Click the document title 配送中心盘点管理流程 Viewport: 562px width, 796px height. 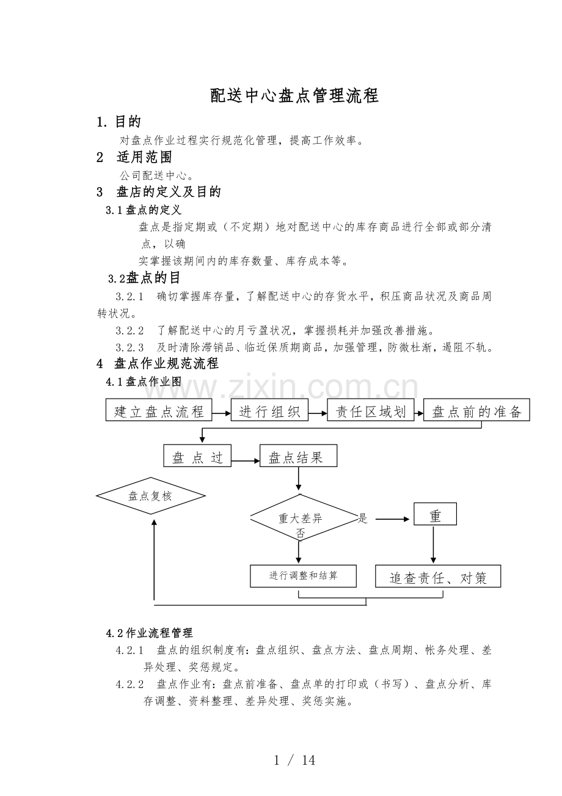click(294, 96)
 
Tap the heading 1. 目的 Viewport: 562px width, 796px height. click(119, 122)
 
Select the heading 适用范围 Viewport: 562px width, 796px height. click(144, 157)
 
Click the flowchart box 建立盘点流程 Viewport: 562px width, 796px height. click(159, 410)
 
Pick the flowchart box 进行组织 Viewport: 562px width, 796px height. click(269, 410)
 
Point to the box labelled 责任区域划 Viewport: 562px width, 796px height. click(370, 410)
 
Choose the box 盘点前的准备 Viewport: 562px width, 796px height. click(476, 410)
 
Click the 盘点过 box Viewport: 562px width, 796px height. click(197, 457)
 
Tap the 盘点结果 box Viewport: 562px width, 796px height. click(298, 457)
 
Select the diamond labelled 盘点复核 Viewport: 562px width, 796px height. click(151, 496)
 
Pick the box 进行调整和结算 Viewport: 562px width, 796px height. click(303, 576)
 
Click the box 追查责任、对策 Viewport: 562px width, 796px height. click(438, 577)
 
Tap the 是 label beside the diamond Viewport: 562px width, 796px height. click(363, 519)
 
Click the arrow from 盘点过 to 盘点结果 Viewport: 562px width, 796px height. click(246, 461)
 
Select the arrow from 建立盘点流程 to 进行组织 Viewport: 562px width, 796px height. click(221, 413)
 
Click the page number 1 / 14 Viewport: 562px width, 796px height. click(294, 760)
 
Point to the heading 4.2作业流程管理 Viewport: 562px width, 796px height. click(150, 633)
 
